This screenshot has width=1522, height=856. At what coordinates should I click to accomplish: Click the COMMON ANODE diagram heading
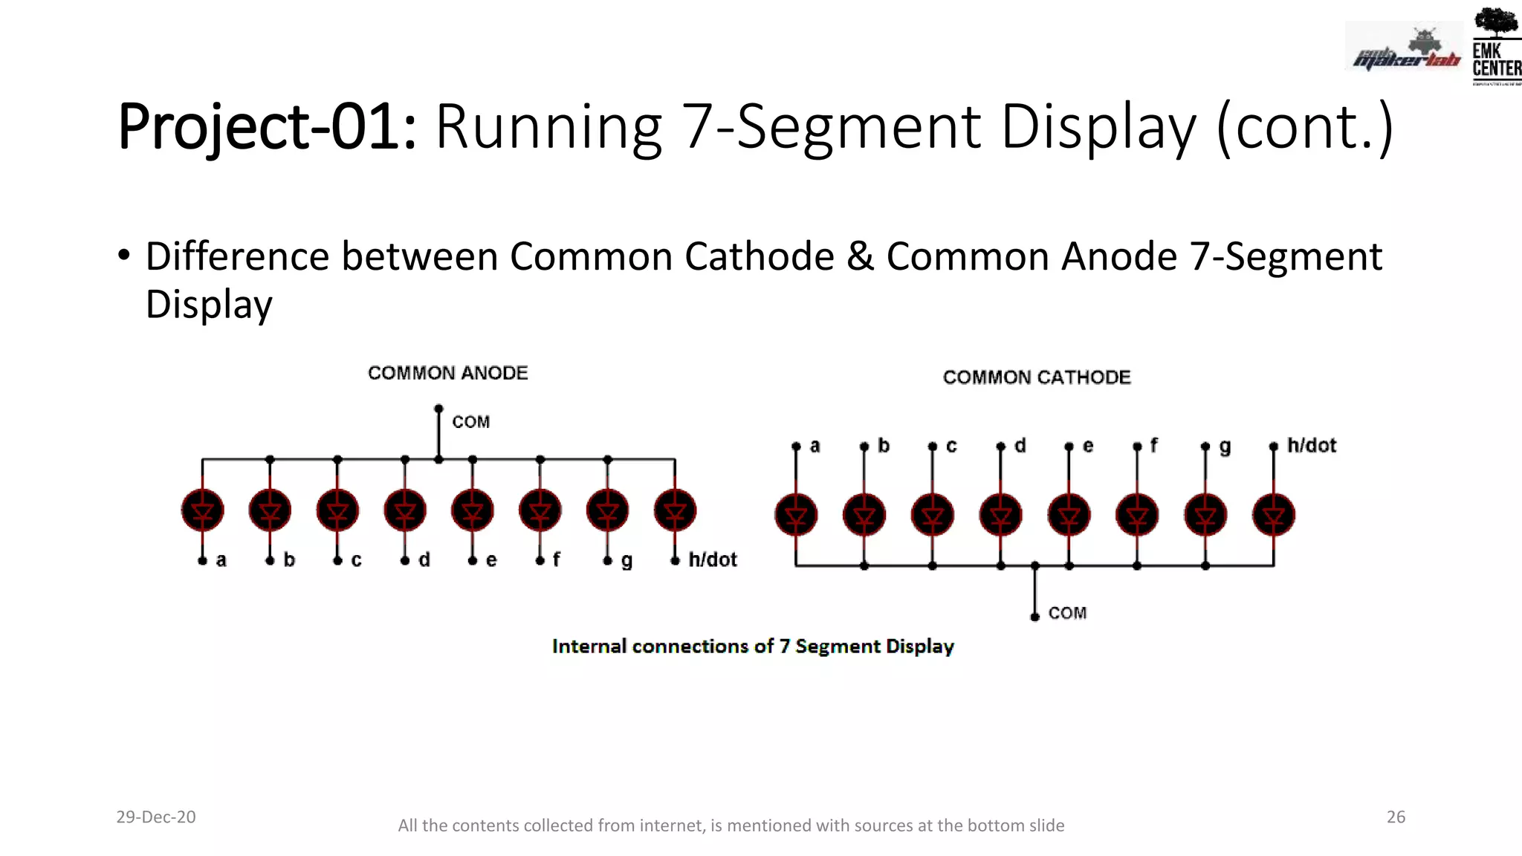pos(447,373)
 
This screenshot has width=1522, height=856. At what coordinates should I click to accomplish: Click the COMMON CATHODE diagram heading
pos(1037,377)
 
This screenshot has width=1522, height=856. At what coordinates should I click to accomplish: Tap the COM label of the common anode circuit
pos(471,422)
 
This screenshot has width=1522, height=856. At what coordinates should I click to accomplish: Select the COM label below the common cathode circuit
pos(1067,613)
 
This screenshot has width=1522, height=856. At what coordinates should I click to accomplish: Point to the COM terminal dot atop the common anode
pos(438,409)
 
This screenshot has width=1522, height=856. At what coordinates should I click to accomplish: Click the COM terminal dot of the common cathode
pos(1034,617)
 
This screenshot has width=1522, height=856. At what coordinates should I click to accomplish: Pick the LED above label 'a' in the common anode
pos(202,510)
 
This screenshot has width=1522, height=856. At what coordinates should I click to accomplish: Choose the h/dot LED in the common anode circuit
pos(675,510)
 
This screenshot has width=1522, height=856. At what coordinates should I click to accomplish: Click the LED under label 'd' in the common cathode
pos(1000,515)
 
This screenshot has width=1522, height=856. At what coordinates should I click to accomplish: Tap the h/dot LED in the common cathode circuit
pos(1273,515)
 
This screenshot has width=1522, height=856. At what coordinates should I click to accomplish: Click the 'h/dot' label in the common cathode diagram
pos(1312,446)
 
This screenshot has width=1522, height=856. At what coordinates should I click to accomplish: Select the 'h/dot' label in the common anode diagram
pos(713,560)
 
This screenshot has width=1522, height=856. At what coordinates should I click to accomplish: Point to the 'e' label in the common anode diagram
pos(491,560)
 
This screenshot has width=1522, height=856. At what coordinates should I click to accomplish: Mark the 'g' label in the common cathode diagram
pos(1225,447)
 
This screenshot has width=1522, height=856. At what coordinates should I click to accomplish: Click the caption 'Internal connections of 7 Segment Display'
pos(753,646)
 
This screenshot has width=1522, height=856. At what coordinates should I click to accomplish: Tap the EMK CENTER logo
pos(1496,46)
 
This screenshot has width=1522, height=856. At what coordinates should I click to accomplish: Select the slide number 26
pos(1396,817)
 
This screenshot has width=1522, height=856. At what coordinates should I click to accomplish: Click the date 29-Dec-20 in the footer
pos(156,817)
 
